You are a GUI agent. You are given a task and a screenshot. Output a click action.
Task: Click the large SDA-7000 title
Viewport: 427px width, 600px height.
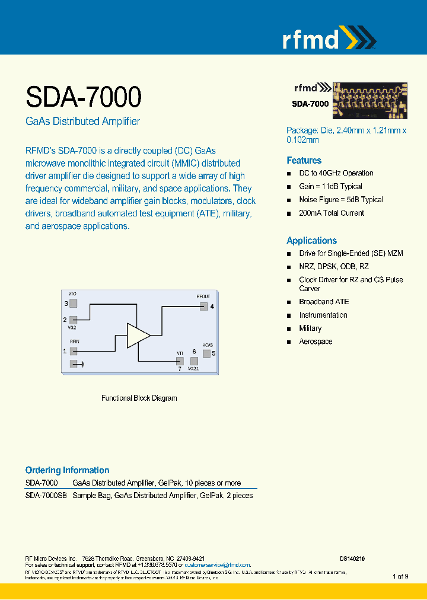tap(83, 96)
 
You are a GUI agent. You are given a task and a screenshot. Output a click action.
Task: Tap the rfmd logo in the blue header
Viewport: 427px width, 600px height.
tap(328, 40)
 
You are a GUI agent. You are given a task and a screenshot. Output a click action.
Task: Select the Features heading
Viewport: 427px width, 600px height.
tap(304, 161)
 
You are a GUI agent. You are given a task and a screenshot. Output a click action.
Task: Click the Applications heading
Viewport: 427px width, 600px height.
tap(311, 241)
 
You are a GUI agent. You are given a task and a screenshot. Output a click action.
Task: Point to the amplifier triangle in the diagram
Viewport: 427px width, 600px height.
tap(137, 335)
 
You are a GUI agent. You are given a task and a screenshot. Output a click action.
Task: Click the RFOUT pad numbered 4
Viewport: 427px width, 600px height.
tap(203, 307)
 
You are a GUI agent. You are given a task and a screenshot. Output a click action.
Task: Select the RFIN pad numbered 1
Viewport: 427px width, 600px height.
tap(74, 351)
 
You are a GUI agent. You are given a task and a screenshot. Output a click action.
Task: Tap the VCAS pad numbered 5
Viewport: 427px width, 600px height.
tap(206, 353)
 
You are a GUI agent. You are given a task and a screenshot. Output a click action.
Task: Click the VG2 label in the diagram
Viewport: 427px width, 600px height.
tap(72, 327)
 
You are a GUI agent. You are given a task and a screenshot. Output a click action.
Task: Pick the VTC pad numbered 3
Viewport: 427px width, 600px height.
tap(74, 304)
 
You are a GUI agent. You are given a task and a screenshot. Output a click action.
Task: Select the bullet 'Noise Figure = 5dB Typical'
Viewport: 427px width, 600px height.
tap(340, 200)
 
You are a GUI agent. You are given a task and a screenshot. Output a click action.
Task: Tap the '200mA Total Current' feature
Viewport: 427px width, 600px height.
tap(332, 213)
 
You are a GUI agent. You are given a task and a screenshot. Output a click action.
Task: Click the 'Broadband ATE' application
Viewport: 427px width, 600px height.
tap(324, 302)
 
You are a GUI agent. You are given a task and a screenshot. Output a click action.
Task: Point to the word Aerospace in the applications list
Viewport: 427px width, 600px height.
tap(316, 342)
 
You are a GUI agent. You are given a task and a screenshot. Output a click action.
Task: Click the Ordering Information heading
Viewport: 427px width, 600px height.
tap(67, 470)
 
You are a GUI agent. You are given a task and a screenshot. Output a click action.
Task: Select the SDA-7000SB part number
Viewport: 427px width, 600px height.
tap(46, 496)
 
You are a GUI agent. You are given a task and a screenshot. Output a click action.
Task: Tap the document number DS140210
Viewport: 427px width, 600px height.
tap(352, 558)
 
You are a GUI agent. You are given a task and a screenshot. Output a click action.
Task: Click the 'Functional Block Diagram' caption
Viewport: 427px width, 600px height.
tap(139, 398)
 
